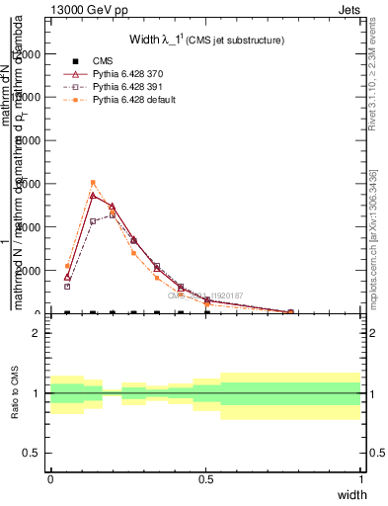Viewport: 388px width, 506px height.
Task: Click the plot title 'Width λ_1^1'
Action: click(x=206, y=41)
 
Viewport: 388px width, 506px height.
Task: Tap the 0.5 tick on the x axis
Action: click(x=205, y=479)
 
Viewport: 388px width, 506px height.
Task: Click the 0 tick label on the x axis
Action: click(x=50, y=479)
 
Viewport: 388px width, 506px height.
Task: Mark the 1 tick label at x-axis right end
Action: click(x=360, y=479)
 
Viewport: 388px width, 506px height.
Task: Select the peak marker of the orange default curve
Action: click(x=93, y=183)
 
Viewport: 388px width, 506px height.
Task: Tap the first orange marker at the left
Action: click(x=67, y=266)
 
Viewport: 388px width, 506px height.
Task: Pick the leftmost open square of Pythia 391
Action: click(x=67, y=287)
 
